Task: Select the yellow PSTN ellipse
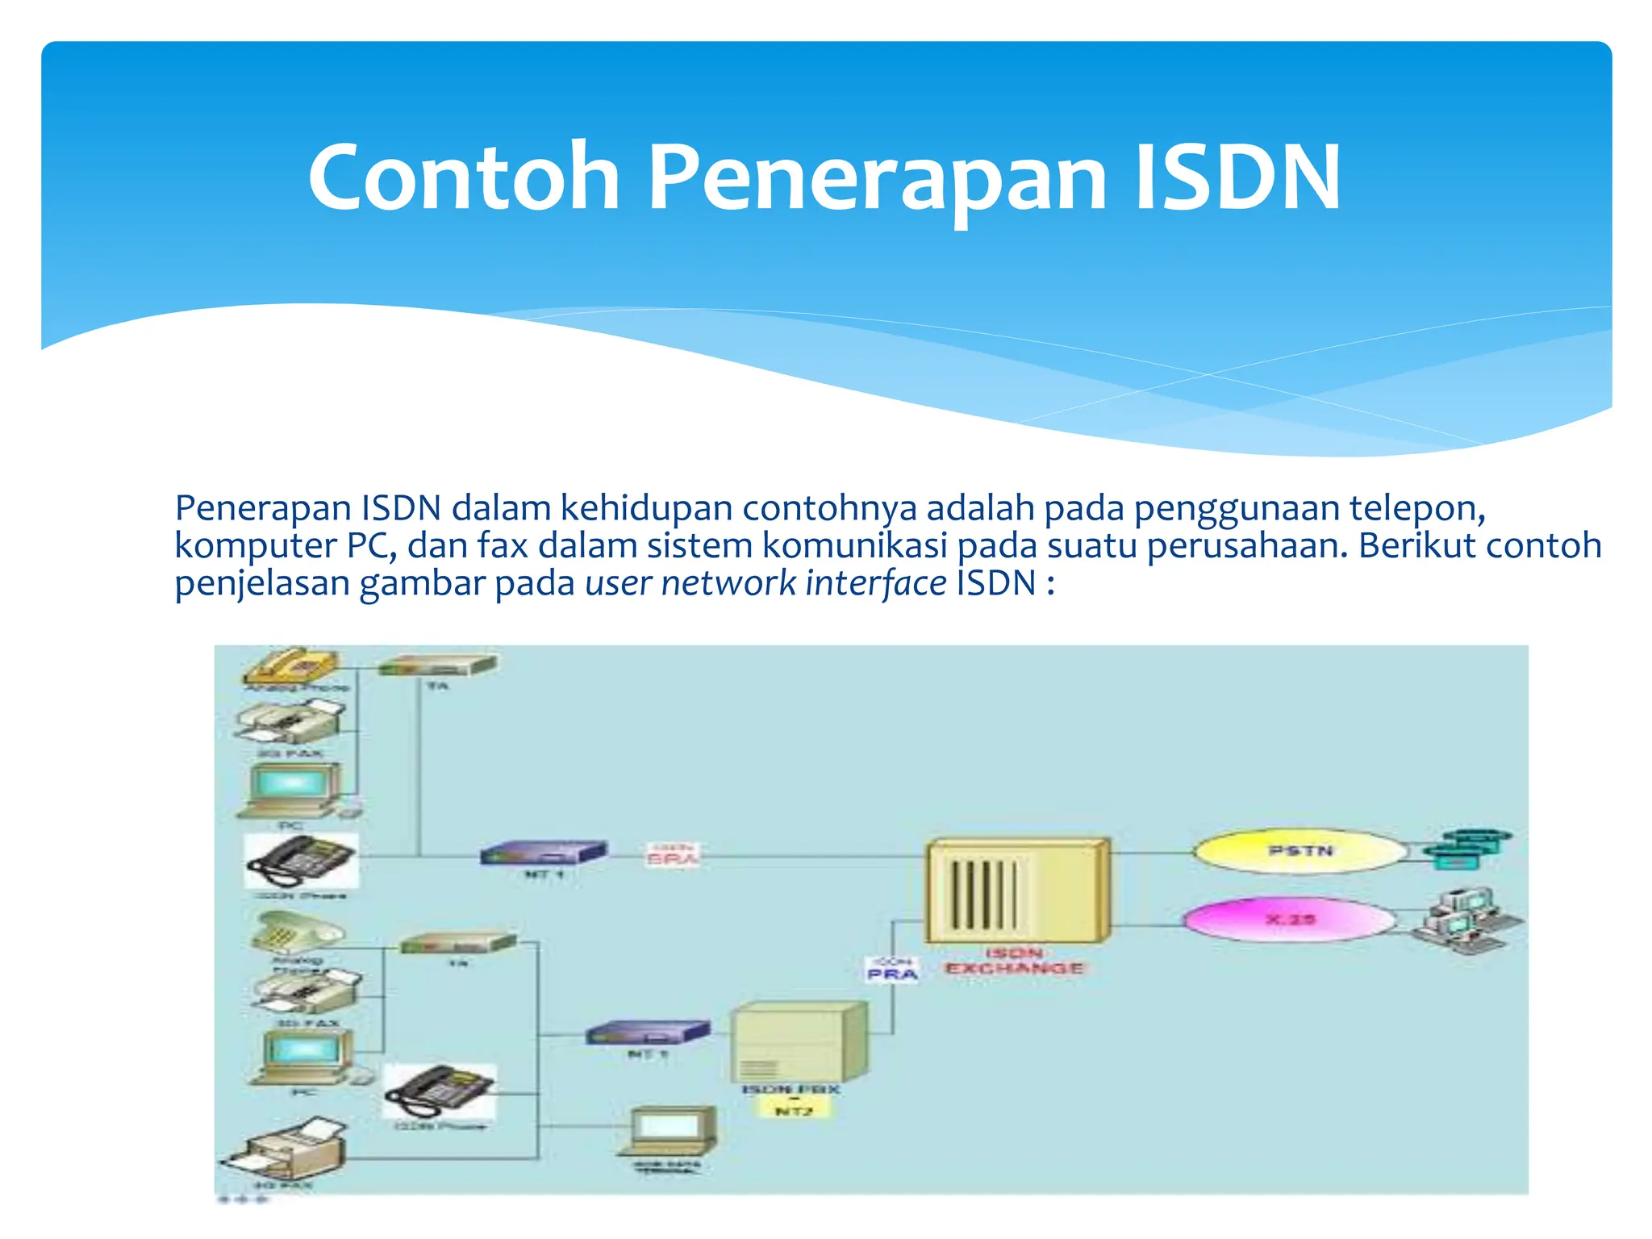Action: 1300,852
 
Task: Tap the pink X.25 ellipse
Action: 1289,920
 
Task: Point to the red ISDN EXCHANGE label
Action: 1014,962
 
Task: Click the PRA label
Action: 892,974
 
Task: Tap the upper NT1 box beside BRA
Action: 543,853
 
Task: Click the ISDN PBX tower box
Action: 799,1042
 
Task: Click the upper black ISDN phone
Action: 301,861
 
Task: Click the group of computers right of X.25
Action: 1466,920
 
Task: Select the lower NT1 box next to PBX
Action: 647,1032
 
